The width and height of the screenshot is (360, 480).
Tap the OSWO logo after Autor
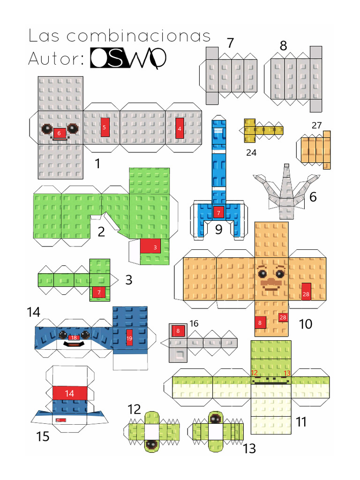(x=128, y=59)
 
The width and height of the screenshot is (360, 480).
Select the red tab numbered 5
(x=105, y=127)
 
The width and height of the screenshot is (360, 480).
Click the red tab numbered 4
(x=180, y=128)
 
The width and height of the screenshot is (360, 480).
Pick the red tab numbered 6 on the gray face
(x=59, y=133)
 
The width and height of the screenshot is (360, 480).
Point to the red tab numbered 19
(x=129, y=338)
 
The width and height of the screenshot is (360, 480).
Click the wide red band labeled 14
(x=70, y=393)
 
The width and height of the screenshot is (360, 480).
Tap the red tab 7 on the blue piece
(x=218, y=212)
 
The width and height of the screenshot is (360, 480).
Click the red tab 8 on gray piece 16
(x=178, y=331)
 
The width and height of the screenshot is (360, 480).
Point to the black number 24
(x=251, y=152)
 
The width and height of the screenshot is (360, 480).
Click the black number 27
(x=316, y=125)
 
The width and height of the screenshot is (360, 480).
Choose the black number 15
(x=43, y=436)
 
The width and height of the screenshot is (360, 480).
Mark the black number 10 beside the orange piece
(x=305, y=324)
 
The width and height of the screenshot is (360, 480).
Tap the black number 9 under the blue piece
(x=218, y=230)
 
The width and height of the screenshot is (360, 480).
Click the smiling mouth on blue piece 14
(x=73, y=345)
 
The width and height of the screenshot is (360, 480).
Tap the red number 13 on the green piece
(x=287, y=373)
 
